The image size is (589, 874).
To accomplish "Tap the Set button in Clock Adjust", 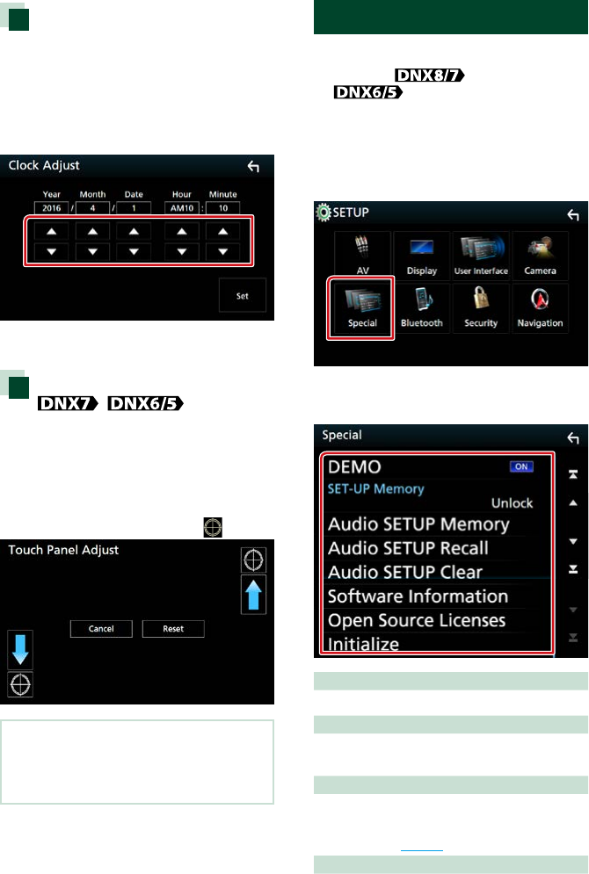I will pos(242,296).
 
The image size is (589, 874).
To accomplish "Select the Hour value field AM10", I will pos(181,207).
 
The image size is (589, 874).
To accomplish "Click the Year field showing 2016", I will pos(50,207).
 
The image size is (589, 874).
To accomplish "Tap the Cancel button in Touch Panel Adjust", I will pos(101,629).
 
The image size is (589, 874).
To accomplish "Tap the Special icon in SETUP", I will pos(362,307).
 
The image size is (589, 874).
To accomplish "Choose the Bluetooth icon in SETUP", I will pos(421,307).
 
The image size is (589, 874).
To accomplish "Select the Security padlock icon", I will pos(481,307).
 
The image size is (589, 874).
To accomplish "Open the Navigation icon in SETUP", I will pos(540,307).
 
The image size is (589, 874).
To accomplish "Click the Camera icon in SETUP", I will pos(540,256).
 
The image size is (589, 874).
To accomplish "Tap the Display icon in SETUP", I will pos(421,256).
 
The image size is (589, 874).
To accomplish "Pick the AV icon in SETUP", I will pos(362,256).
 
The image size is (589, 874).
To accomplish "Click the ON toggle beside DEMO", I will pos(521,466).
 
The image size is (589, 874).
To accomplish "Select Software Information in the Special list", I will pos(418,596).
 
